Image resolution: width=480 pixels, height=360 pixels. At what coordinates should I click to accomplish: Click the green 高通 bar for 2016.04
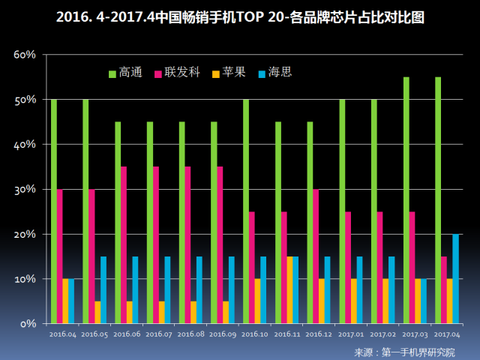[x=54, y=211]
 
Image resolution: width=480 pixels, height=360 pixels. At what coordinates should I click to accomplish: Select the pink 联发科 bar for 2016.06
[x=124, y=244]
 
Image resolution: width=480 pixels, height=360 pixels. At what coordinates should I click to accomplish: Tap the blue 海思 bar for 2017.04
[x=456, y=278]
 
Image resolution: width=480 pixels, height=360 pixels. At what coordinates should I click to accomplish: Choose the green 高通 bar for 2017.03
[x=406, y=199]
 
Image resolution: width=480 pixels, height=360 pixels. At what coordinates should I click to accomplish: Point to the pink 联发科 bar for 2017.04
[x=444, y=289]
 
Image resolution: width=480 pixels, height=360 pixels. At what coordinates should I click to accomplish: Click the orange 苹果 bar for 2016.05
[x=97, y=312]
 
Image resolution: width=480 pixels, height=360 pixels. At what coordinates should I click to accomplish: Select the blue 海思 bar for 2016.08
[x=199, y=289]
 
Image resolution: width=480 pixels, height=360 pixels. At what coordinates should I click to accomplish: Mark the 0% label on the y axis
[x=28, y=324]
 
